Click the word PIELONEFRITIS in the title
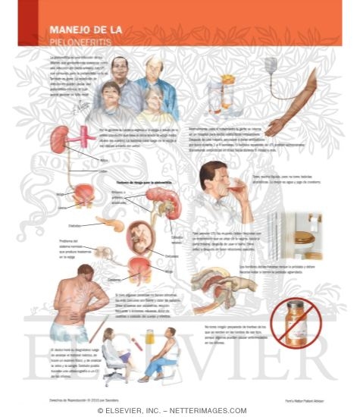(75, 42)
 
